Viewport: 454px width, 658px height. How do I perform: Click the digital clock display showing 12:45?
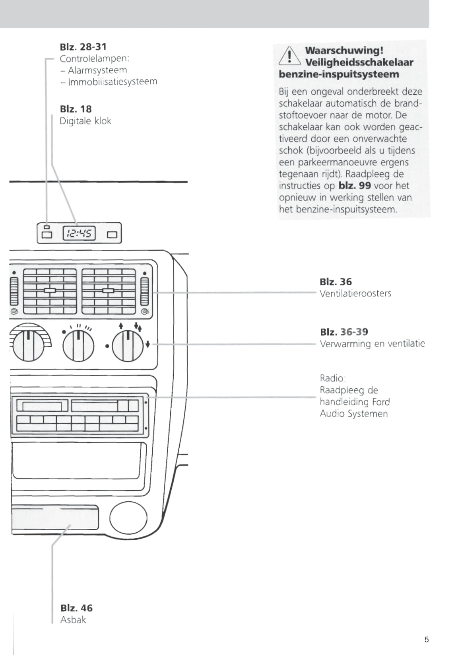pyautogui.click(x=79, y=233)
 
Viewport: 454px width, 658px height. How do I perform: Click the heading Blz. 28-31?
pyautogui.click(x=83, y=47)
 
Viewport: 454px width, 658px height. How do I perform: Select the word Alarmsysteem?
pyautogui.click(x=97, y=70)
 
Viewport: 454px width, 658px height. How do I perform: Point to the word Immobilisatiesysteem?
pyautogui.click(x=113, y=82)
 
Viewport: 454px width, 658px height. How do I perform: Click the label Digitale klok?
pyautogui.click(x=85, y=121)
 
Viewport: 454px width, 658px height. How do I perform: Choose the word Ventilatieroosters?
pyautogui.click(x=355, y=294)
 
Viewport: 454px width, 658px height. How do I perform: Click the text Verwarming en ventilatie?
pyautogui.click(x=372, y=344)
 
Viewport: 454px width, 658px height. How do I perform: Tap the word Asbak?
pyautogui.click(x=73, y=620)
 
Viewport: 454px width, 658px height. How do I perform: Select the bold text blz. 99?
pyautogui.click(x=355, y=186)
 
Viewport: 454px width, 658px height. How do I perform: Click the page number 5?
pyautogui.click(x=427, y=640)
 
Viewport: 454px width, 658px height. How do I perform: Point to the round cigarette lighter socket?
pyautogui.click(x=128, y=518)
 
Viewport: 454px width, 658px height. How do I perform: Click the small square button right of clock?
pyautogui.click(x=112, y=234)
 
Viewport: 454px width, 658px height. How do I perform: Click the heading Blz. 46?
pyautogui.click(x=76, y=608)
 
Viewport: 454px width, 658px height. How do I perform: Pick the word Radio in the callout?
pyautogui.click(x=332, y=378)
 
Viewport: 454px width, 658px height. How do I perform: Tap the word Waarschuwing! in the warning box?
pyautogui.click(x=344, y=51)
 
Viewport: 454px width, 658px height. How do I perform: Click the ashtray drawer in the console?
pyautogui.click(x=55, y=518)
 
